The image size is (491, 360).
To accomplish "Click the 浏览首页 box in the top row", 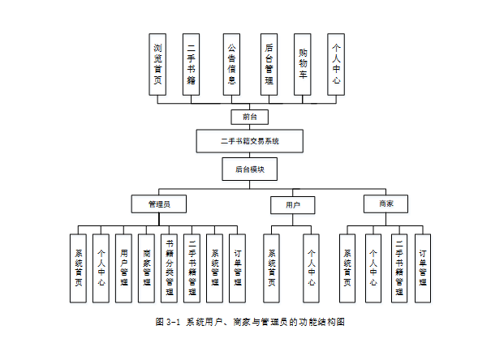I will [157, 65].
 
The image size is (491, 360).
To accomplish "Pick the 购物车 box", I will [303, 65].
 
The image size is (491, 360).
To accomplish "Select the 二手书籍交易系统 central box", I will [249, 141].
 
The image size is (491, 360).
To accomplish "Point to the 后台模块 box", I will [249, 169].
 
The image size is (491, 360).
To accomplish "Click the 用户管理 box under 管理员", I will [123, 268].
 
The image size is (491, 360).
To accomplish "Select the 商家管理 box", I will [146, 268].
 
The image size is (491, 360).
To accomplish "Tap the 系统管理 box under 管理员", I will [214, 268].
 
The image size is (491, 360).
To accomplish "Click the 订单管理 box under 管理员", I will [236, 268].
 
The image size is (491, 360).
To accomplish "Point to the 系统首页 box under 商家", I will [347, 268].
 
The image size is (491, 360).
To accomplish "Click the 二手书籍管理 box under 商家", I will [398, 268].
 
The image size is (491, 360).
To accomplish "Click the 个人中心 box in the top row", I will [336, 65].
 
